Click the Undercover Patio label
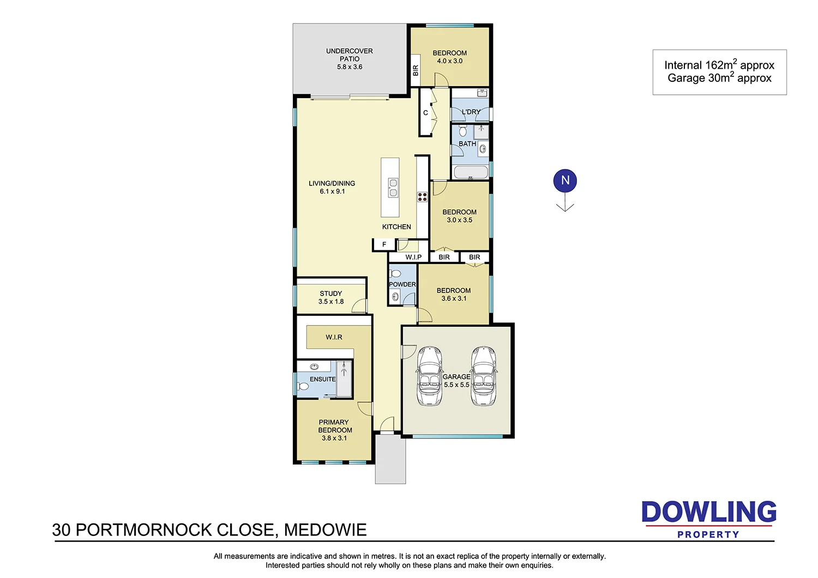click(x=350, y=59)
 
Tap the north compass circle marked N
click(x=565, y=181)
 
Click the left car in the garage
click(x=429, y=376)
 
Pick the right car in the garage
click(x=484, y=376)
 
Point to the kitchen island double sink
click(x=393, y=188)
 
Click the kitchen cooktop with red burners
click(x=422, y=197)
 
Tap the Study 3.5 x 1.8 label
click(x=331, y=297)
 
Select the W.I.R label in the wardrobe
click(x=334, y=338)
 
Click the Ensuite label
click(x=322, y=379)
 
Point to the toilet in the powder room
click(x=395, y=274)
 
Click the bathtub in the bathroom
click(x=471, y=173)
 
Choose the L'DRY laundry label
click(x=471, y=112)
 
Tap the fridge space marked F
click(x=384, y=245)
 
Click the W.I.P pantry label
click(x=413, y=257)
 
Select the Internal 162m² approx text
click(x=719, y=65)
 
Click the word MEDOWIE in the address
click(x=325, y=530)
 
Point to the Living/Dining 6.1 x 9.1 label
click(x=332, y=187)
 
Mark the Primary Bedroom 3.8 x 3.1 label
click(x=334, y=430)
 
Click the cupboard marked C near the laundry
click(x=425, y=113)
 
